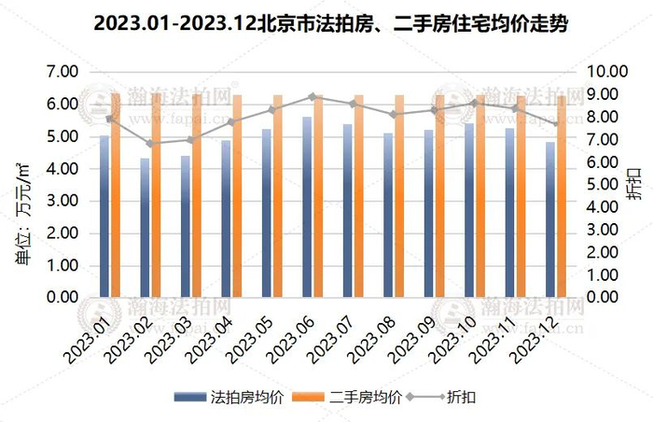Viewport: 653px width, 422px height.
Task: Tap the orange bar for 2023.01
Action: click(x=116, y=195)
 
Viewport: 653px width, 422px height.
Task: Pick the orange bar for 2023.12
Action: click(x=562, y=196)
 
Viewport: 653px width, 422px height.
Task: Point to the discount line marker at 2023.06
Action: click(x=313, y=96)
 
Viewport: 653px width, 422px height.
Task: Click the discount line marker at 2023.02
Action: click(x=150, y=144)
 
